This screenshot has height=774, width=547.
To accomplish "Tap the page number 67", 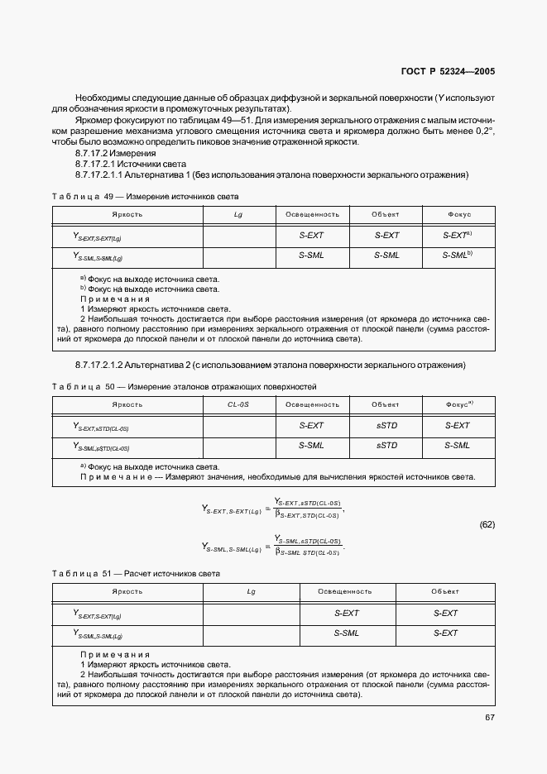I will pos(489,717).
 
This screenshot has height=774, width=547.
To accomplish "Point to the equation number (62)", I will pos(487,525).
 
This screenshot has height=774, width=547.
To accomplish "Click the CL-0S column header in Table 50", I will pos(238,404).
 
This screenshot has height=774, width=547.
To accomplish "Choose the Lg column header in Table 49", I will pos(238,214).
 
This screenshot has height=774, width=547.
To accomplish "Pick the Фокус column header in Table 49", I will pos(458,214).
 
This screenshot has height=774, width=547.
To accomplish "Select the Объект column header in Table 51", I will pos(444,591).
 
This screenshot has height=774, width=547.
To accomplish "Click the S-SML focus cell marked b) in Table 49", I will pos(458,255).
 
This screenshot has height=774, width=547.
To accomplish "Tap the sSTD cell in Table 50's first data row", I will pos(386,425).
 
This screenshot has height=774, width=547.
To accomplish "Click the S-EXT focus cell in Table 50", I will pos(458,425).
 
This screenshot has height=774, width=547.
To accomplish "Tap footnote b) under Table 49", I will pos(149,289).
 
